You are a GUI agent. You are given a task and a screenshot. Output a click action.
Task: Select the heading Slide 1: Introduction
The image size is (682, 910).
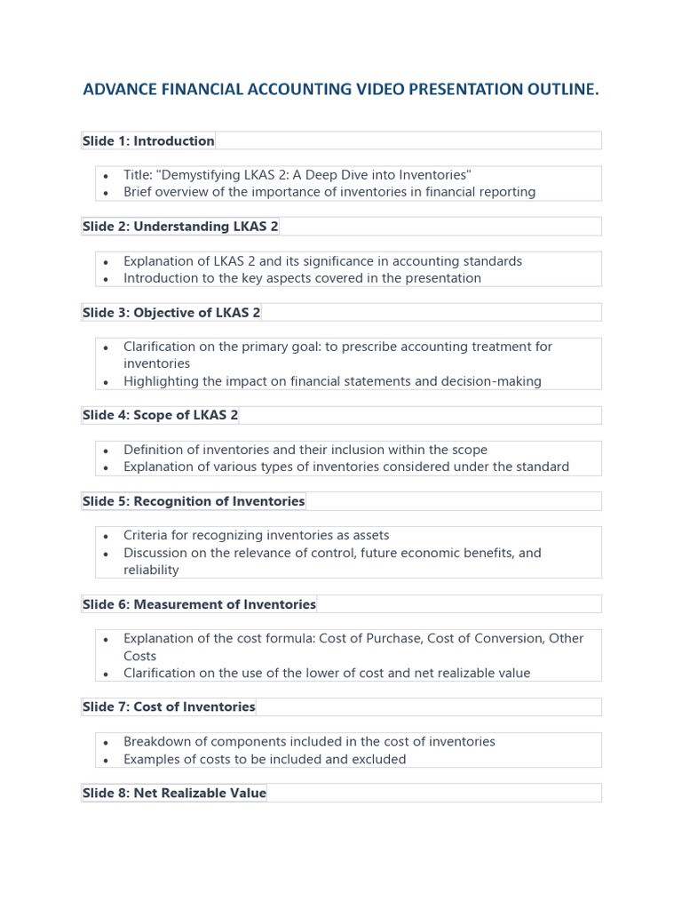click(x=148, y=140)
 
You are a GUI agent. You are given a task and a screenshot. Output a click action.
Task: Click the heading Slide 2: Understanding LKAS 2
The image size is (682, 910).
click(x=180, y=227)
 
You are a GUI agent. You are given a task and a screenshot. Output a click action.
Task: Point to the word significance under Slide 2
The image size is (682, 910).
click(x=342, y=261)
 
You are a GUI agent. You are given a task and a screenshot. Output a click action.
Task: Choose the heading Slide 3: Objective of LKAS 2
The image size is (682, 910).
click(x=171, y=313)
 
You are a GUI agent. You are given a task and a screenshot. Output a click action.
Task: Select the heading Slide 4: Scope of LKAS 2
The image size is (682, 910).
click(x=161, y=415)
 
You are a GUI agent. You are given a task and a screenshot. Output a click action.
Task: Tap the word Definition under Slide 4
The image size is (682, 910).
click(x=154, y=450)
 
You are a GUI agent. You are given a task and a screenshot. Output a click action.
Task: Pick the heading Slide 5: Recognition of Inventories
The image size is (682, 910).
click(x=194, y=501)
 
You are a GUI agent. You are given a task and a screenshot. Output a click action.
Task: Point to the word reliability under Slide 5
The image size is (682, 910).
click(x=151, y=571)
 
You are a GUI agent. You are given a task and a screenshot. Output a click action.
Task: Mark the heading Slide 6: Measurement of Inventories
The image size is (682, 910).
click(x=199, y=604)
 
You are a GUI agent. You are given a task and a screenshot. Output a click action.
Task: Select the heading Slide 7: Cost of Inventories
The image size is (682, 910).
click(x=169, y=707)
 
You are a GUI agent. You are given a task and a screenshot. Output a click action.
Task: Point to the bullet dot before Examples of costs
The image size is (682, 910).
click(x=106, y=760)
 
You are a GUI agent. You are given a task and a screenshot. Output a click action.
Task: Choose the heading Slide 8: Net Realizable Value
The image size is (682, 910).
click(x=174, y=793)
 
